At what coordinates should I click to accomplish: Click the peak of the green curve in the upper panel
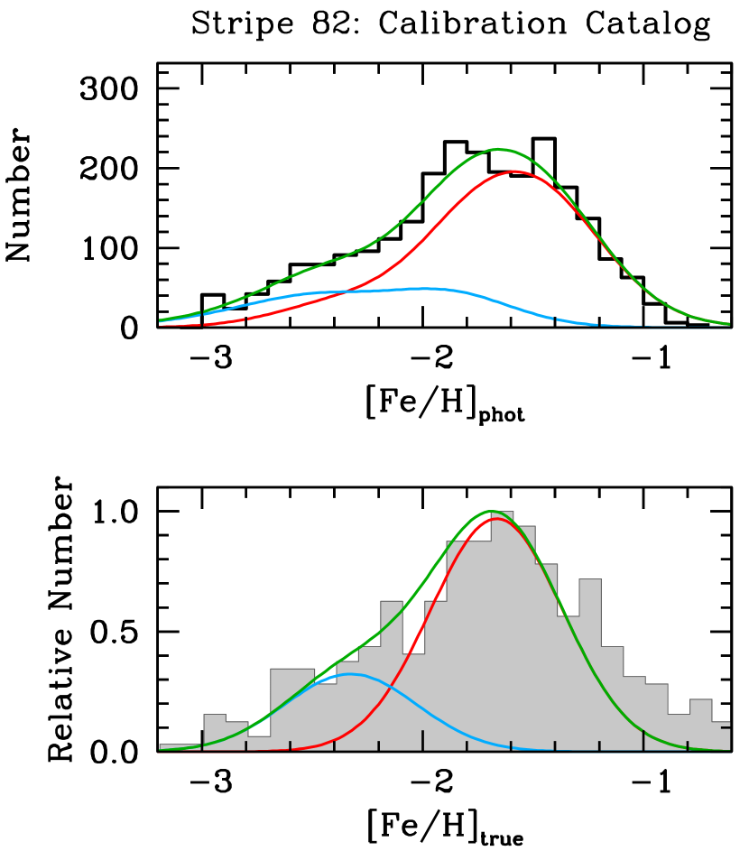click(x=498, y=149)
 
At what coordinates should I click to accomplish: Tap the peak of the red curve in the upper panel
click(x=514, y=171)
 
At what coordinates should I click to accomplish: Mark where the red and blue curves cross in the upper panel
click(x=347, y=291)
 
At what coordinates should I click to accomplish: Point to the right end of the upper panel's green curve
click(x=728, y=324)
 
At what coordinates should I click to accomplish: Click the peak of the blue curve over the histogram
click(x=350, y=674)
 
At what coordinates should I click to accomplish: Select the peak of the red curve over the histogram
click(x=497, y=519)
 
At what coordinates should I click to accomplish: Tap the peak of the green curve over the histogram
click(x=491, y=512)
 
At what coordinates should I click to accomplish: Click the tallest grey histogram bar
click(x=502, y=632)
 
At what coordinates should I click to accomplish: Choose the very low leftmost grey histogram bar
click(x=180, y=747)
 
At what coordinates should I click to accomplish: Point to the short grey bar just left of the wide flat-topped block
click(x=259, y=743)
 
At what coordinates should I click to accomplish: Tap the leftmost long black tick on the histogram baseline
click(x=202, y=739)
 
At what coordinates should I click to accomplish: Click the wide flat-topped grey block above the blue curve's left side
click(x=292, y=709)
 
